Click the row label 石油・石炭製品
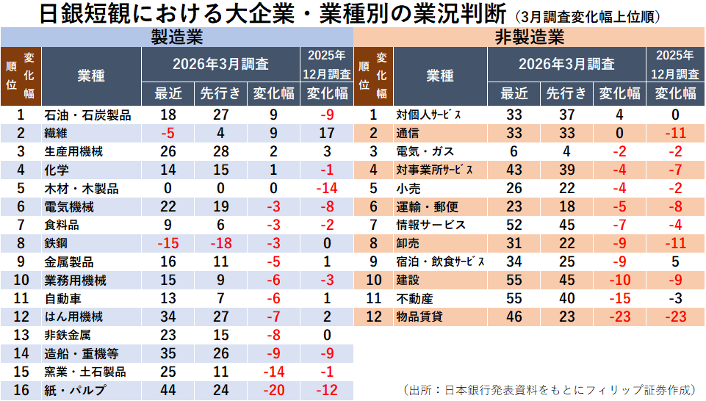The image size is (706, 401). click(x=87, y=115)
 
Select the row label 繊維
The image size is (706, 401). click(x=56, y=134)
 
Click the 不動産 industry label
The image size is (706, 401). click(x=414, y=299)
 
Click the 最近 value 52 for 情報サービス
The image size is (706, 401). click(x=514, y=225)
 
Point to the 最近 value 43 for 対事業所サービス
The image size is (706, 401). click(x=514, y=170)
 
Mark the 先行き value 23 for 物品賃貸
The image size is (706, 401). click(x=565, y=317)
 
